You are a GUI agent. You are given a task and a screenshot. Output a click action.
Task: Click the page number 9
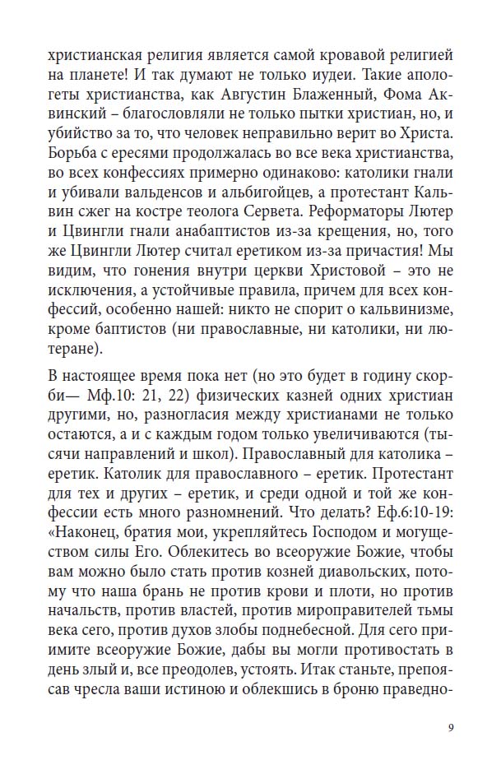tap(451, 727)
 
